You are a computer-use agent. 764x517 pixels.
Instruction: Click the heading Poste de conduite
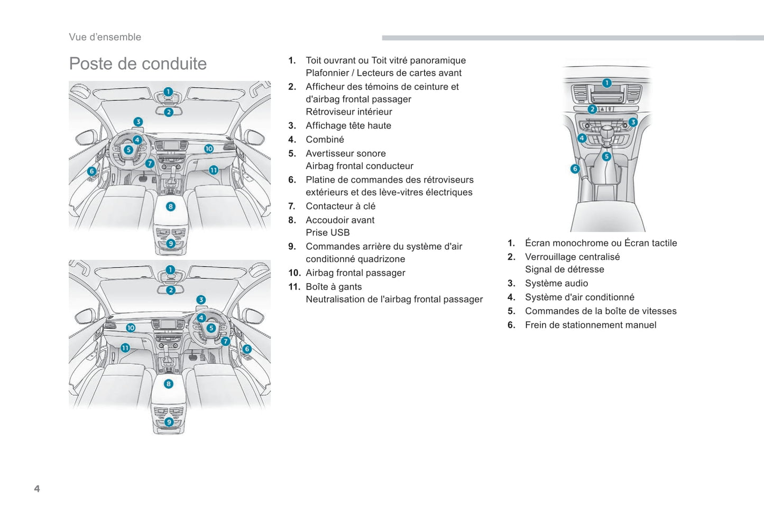[138, 64]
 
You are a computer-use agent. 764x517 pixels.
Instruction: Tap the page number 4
[37, 488]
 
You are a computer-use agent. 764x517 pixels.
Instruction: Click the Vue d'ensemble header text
[105, 37]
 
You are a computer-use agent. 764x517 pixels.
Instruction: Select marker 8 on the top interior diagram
[170, 206]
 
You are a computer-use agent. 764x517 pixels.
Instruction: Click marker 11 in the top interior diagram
[213, 170]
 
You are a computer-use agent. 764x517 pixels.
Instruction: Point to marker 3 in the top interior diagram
[138, 122]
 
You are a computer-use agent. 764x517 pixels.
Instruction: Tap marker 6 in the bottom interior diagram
[246, 349]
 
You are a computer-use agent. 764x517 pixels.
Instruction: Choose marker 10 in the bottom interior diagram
[131, 328]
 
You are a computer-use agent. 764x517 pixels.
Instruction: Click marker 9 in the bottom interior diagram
[169, 422]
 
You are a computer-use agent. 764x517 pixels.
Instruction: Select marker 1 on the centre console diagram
[606, 83]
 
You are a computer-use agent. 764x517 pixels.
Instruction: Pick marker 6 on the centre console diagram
[575, 169]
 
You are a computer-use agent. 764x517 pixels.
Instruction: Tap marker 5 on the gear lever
[606, 156]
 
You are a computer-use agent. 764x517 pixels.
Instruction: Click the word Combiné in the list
[325, 140]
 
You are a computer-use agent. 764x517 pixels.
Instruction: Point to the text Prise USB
[327, 233]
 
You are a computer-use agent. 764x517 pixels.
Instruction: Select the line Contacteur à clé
[340, 206]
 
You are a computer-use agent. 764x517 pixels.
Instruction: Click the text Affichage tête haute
[348, 126]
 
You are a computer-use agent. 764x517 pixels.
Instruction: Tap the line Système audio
[556, 284]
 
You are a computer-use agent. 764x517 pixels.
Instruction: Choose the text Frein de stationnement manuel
[591, 325]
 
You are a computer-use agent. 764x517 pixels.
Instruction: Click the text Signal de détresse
[564, 269]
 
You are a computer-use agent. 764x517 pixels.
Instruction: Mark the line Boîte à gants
[334, 287]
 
